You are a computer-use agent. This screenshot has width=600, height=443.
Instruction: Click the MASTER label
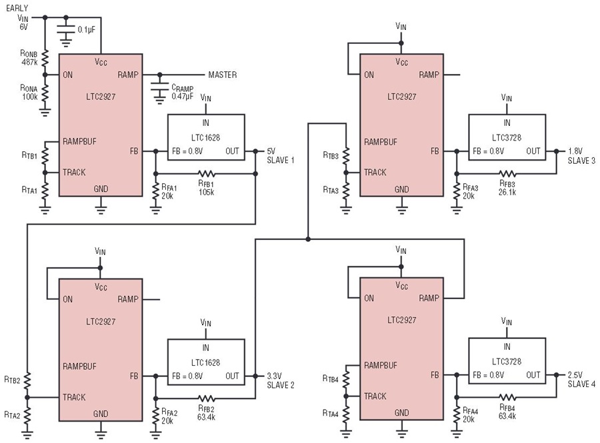pos(222,75)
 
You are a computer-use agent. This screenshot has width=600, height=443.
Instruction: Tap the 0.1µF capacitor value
pos(86,29)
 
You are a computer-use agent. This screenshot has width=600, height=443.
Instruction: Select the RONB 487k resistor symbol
pos(45,59)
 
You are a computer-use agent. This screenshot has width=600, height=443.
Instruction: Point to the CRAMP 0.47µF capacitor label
pos(182,92)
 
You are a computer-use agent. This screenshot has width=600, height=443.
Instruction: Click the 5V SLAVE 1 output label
pos(281,156)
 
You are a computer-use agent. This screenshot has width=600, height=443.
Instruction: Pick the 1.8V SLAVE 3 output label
pos(581,156)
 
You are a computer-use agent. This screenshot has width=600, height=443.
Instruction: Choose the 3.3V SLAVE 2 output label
pos(281,380)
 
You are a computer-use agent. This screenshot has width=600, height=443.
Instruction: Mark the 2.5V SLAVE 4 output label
pos(581,380)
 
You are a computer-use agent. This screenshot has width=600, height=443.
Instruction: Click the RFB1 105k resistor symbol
pos(207,174)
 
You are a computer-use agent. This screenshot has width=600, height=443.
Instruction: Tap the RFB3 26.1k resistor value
pos(507,193)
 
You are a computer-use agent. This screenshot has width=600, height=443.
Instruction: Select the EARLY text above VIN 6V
pos(17,7)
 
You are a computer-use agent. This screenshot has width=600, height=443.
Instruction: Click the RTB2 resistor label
pos(12,380)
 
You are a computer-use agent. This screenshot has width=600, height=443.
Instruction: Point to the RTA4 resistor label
pos(330,413)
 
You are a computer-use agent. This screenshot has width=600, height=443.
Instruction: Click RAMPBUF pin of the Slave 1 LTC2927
pos(79,141)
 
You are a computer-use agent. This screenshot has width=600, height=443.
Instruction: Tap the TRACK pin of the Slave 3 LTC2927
pos(375,173)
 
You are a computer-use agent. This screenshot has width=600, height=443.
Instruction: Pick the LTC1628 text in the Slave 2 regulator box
pos(205,362)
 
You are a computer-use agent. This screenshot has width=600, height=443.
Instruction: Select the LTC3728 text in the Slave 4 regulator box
pos(507,361)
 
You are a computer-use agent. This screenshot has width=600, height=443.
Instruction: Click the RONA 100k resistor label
pos(29,92)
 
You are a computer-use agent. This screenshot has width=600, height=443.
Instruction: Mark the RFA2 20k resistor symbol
pos(155,416)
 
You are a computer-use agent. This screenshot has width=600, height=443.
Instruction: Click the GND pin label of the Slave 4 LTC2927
pos(401,412)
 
